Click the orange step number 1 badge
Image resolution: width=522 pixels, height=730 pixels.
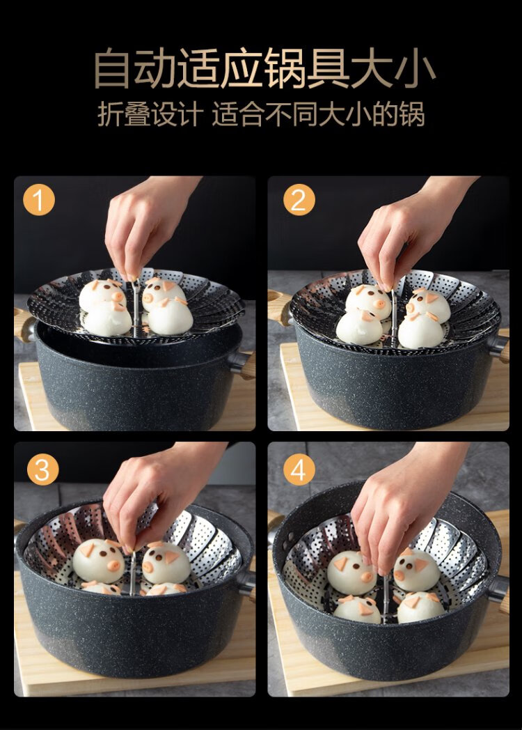38,200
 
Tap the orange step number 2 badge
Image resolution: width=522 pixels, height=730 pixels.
299,200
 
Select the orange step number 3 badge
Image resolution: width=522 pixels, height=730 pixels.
42,469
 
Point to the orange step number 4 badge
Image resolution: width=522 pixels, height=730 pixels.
299,469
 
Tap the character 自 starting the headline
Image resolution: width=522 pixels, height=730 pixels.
111,68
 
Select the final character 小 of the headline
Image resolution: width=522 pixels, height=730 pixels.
414,68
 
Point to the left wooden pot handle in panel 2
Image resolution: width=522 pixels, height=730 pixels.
280,306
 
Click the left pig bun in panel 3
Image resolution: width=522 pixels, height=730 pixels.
99,561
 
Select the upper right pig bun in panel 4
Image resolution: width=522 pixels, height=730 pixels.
416,569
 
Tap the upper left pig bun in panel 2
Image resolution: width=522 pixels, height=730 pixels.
368,301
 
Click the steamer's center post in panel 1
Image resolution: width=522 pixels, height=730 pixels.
136,308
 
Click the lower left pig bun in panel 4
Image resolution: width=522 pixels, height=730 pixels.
358,609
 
